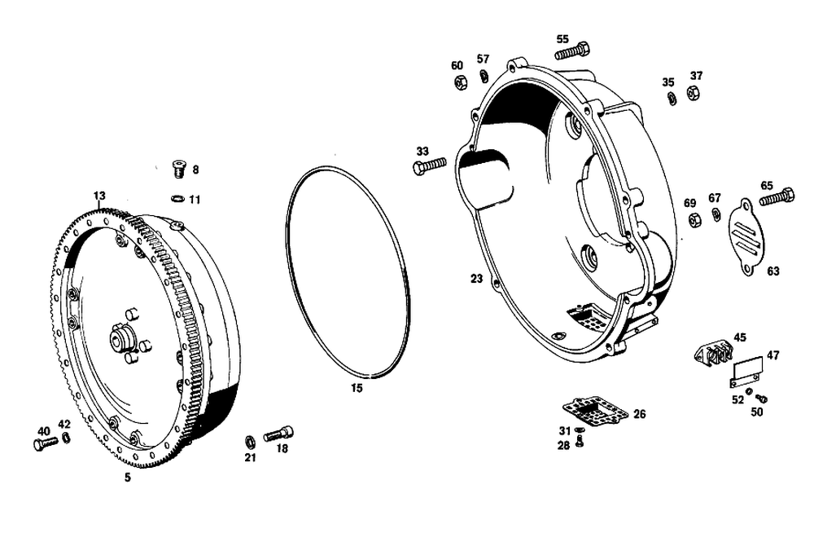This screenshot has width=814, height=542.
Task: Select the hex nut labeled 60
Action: [461, 82]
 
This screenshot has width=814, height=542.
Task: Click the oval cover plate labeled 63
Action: [746, 237]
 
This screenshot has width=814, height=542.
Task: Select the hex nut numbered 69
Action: [693, 220]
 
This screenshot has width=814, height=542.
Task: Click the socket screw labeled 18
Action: [278, 434]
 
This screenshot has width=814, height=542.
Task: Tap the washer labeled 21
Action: [249, 442]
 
